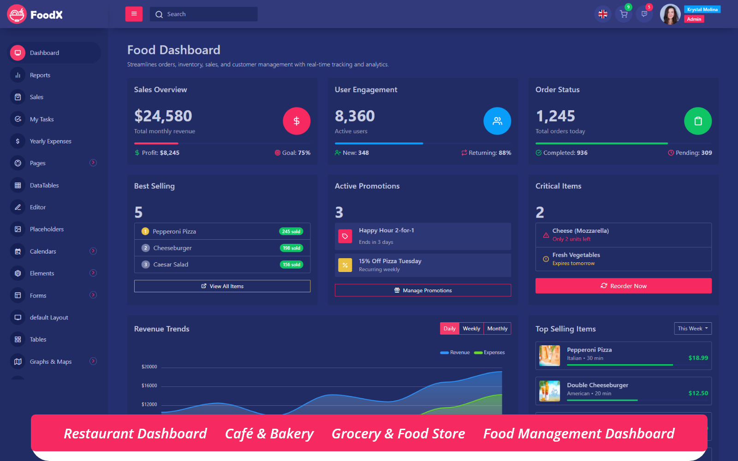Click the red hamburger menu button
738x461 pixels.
(x=134, y=14)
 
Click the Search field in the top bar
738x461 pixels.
(x=203, y=14)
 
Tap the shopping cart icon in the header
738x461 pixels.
(x=624, y=14)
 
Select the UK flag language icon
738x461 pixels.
(x=603, y=14)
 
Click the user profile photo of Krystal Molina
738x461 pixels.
(x=670, y=14)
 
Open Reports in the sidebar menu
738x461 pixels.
(x=40, y=75)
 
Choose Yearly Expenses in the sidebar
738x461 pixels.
(x=50, y=141)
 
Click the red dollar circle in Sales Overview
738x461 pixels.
(x=297, y=121)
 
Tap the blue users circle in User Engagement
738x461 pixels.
(x=497, y=121)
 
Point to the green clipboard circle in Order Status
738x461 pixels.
(x=698, y=121)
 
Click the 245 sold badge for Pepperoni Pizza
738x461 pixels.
(x=291, y=231)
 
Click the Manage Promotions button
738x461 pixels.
(x=423, y=290)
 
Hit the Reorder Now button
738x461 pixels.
(x=624, y=286)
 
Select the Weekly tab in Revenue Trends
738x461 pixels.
(x=471, y=329)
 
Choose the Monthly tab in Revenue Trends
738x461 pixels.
(x=497, y=329)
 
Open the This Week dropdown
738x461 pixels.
(x=693, y=329)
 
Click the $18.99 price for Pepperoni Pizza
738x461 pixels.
(x=698, y=358)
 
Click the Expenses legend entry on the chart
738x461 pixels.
(x=490, y=353)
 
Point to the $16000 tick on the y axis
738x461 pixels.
(x=149, y=385)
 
